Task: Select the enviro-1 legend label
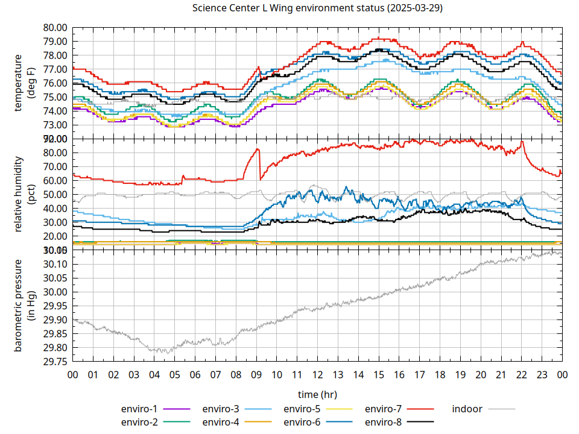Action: (139, 409)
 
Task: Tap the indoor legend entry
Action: (467, 409)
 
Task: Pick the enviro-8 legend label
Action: (384, 422)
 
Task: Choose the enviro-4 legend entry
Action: (221, 422)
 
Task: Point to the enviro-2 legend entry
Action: (139, 422)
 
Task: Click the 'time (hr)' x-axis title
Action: (317, 394)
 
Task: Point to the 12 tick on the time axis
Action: (317, 375)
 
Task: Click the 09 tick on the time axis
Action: (256, 375)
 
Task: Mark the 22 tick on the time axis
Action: (522, 375)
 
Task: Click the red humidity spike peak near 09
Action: (258, 149)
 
